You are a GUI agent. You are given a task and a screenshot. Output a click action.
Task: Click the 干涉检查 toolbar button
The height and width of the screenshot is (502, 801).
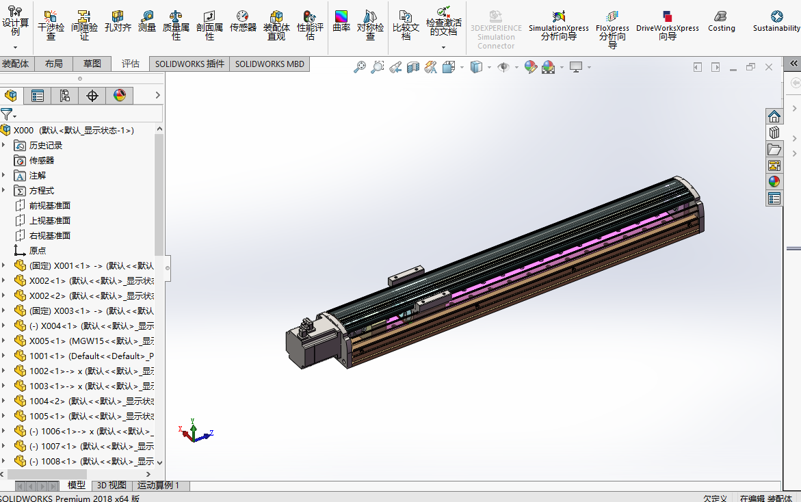[x=51, y=25]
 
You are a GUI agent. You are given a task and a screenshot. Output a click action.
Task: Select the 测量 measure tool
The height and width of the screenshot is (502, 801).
[x=147, y=22]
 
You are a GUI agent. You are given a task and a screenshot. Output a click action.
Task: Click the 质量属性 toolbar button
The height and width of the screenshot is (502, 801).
[x=176, y=25]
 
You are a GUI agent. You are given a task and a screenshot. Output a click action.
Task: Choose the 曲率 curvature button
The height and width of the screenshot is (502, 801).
[x=341, y=22]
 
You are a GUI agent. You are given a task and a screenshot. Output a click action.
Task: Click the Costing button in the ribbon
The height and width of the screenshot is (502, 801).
[x=721, y=21]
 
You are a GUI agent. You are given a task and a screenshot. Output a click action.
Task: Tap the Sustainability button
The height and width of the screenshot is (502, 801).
[x=776, y=21]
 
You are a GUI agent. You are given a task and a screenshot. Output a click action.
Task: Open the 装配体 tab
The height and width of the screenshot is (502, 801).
[x=16, y=64]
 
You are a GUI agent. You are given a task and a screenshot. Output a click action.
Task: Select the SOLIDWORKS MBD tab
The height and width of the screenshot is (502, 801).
[x=270, y=64]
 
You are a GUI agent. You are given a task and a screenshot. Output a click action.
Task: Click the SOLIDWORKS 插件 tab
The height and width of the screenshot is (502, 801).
[x=189, y=64]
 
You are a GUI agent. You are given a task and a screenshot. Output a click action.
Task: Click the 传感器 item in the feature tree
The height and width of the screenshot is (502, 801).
[x=41, y=160]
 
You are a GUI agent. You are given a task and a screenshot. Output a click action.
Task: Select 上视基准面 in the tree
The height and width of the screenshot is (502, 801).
[x=49, y=220]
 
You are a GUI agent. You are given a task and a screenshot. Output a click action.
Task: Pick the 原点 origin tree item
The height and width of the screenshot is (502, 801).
[x=38, y=250]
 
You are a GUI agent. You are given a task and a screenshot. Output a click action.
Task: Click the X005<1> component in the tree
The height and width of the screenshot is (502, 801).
[x=48, y=341]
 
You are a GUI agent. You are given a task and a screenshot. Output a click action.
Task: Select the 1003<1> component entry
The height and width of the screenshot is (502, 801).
[x=48, y=386]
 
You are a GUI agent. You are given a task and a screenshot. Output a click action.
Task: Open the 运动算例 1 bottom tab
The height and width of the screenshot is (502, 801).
[x=158, y=485]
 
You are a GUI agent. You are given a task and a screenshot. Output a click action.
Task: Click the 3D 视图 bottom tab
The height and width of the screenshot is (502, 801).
[x=111, y=485]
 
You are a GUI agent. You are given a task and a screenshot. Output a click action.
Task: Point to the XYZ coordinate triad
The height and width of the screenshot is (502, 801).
[x=195, y=432]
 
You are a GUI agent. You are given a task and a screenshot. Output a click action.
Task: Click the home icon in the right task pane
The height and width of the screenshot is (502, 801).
[x=774, y=116]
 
